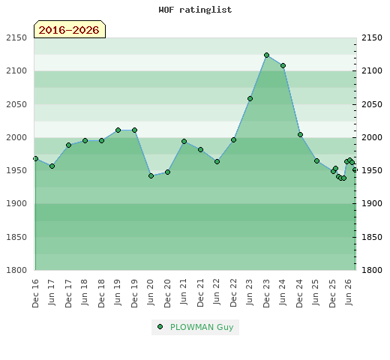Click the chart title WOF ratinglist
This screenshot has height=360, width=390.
[195, 10]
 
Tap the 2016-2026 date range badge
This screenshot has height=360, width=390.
[70, 29]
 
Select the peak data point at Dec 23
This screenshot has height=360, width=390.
[266, 55]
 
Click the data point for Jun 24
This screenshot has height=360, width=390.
[283, 66]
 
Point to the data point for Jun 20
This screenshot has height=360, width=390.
[151, 176]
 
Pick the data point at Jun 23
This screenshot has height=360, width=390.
[250, 99]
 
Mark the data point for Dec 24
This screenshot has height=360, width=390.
[300, 135]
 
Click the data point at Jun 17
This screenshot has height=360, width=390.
[52, 166]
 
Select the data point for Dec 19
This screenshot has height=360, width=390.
[134, 130]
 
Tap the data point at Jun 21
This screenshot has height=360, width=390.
[184, 142]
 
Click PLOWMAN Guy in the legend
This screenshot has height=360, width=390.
[202, 327]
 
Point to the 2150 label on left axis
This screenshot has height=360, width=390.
[16, 37]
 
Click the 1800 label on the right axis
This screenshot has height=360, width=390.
[372, 270]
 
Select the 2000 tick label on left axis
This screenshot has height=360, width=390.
[16, 137]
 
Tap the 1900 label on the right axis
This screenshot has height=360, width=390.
[372, 203]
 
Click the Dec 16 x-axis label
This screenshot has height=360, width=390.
[35, 293]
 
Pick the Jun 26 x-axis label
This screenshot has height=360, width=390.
[349, 292]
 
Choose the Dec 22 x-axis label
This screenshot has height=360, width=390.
[233, 293]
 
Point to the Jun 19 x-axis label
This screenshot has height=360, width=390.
[118, 292]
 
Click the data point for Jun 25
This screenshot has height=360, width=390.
[316, 161]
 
